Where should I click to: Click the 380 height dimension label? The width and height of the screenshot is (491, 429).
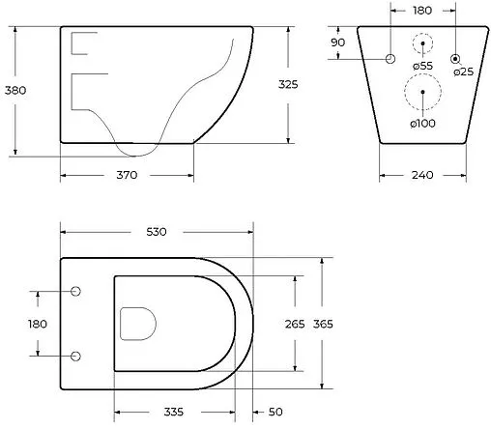[15, 90]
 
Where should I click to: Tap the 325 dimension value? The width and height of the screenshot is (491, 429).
[288, 84]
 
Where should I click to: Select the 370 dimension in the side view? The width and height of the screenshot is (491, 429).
[127, 175]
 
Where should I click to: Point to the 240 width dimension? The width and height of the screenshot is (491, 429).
[422, 175]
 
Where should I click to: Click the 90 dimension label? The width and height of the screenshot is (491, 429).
[337, 43]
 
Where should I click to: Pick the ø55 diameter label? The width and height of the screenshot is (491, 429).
[422, 66]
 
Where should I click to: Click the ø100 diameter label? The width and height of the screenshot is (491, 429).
[422, 123]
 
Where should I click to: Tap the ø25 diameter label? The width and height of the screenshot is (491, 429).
[464, 71]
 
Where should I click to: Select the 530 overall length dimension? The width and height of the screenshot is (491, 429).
[157, 232]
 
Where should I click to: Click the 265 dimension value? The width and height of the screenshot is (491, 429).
[295, 324]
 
